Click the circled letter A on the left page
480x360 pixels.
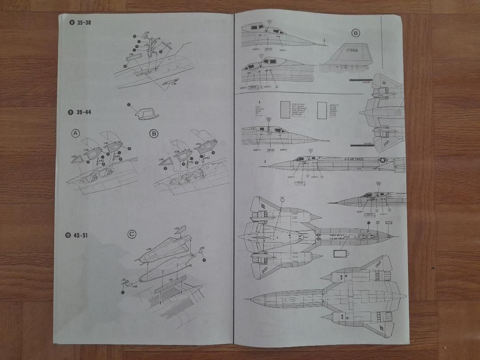pyautogui.click(x=76, y=133)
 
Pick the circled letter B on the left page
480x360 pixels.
pyautogui.click(x=154, y=133)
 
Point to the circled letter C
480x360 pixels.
pyautogui.click(x=132, y=234)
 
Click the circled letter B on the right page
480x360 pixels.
pyautogui.click(x=356, y=33)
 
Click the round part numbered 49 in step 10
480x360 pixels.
pyautogui.click(x=200, y=252)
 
